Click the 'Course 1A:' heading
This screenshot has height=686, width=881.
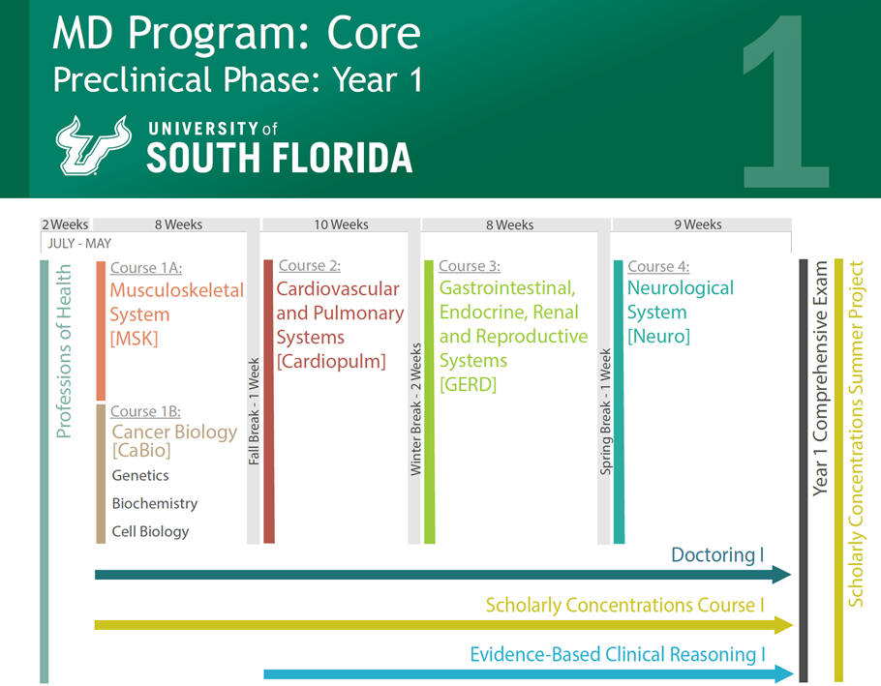[x=146, y=268]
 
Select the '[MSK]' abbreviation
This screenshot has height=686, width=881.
[x=134, y=339]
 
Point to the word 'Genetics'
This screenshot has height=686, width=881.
[x=140, y=475]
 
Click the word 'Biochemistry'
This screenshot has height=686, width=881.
[x=154, y=503]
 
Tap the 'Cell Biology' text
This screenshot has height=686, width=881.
[x=150, y=531]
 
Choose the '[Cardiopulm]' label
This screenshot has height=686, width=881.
[x=331, y=361]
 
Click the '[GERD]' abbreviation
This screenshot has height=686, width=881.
[x=468, y=384]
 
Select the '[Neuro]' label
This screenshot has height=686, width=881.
[x=658, y=336]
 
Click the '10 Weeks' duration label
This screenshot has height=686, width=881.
[x=341, y=224]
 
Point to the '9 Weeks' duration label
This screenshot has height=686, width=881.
[x=698, y=224]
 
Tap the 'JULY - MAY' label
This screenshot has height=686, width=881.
[x=79, y=244]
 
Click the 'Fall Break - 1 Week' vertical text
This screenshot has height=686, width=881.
[x=254, y=412]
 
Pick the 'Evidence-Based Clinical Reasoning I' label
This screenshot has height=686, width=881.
[x=617, y=654]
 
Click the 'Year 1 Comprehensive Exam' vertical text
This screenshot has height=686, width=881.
[x=820, y=377]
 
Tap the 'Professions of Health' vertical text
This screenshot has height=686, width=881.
[x=64, y=351]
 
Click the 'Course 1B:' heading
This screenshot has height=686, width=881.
[x=145, y=411]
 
